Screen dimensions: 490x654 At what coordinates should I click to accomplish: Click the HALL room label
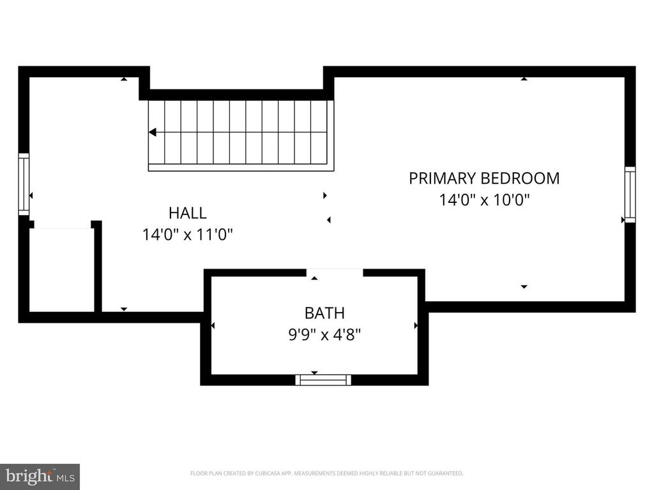187,213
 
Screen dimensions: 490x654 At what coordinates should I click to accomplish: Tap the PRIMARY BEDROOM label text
484,178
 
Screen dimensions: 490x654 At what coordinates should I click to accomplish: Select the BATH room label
324,313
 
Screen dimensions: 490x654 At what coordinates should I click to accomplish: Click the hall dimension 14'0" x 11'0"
187,235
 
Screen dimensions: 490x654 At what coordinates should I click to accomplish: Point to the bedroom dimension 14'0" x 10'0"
484,200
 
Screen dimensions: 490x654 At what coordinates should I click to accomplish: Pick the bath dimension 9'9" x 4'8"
324,334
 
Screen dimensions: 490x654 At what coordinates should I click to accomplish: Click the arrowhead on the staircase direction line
153,133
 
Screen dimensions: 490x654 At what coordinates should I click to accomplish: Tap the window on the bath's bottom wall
323,380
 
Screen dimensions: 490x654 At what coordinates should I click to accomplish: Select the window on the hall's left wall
24,184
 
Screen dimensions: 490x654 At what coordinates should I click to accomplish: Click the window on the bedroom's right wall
630,195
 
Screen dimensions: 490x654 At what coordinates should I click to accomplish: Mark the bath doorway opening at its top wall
334,272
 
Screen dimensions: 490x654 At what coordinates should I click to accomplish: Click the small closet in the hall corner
61,269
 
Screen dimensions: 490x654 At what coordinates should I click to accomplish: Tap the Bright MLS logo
40,476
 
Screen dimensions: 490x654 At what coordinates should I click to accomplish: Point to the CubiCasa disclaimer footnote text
326,473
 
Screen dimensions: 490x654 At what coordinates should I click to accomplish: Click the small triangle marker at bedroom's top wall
524,79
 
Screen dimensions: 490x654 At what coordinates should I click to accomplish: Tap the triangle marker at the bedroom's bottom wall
524,287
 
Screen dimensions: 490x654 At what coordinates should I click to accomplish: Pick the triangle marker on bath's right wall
416,325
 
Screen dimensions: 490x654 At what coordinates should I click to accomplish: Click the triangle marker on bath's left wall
213,325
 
